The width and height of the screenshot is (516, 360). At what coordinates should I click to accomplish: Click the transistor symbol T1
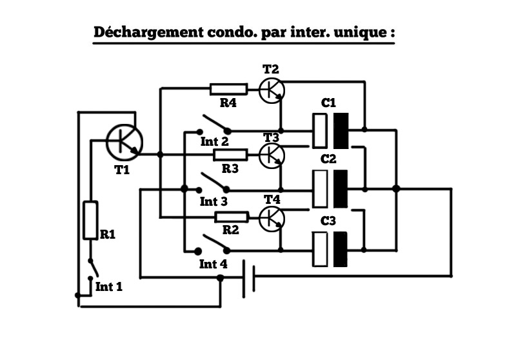[x=124, y=142]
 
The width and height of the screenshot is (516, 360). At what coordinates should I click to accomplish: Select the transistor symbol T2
[x=271, y=90]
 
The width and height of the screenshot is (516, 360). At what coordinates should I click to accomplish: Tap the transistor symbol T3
[x=271, y=155]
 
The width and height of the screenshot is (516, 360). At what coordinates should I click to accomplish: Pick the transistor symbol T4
[x=271, y=218]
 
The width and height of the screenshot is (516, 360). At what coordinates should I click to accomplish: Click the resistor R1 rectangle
[x=90, y=220]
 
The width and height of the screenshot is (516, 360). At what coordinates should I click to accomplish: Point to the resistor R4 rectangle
[x=228, y=89]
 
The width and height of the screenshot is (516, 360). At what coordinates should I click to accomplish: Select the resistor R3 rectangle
[x=230, y=155]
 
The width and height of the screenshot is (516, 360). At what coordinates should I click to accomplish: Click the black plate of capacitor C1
[x=341, y=130]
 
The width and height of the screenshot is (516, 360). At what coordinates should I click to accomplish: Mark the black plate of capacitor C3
[x=339, y=249]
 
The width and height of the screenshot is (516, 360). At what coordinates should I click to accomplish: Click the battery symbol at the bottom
[x=248, y=277]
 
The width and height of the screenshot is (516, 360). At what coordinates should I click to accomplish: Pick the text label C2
[x=329, y=159]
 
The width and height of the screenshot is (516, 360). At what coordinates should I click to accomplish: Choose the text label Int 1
[x=108, y=286]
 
